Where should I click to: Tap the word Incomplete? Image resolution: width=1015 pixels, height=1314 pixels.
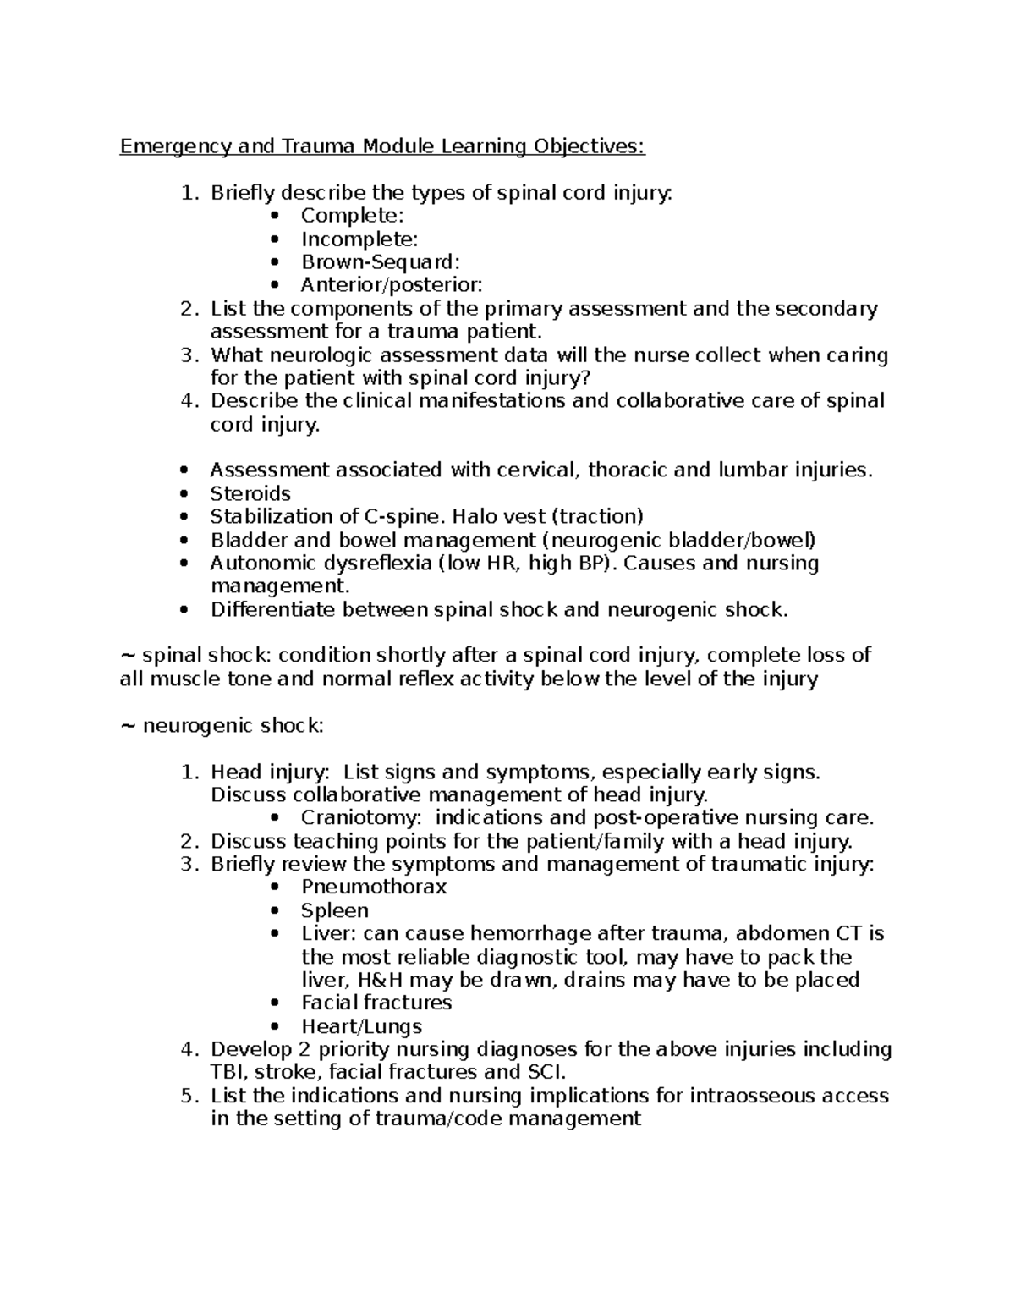[359, 239]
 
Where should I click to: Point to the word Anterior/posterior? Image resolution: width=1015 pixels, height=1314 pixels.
[392, 285]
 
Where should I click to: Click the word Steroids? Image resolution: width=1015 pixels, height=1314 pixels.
[250, 493]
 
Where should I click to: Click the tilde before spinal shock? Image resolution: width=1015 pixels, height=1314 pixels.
[128, 657]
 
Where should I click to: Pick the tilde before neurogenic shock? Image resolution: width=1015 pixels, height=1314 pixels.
[128, 726]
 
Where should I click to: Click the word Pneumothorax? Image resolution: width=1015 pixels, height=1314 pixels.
[374, 888]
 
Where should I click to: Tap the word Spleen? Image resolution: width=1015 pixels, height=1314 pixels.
[335, 911]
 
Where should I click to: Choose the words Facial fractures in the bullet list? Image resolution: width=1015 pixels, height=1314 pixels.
[376, 1003]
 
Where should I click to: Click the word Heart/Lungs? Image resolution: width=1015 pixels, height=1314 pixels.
[361, 1027]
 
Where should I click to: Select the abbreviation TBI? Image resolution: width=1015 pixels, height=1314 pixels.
[227, 1073]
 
